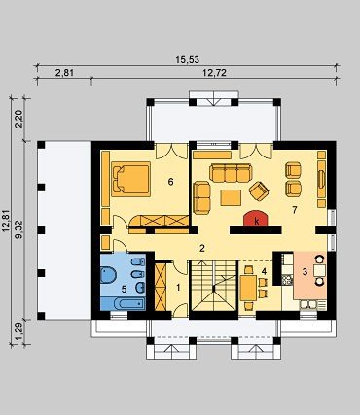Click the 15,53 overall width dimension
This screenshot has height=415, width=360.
187,60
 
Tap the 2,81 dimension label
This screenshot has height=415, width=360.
64,73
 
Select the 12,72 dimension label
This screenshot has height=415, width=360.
214,73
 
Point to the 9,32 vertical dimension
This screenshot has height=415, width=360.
18,229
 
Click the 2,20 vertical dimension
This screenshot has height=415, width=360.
18,120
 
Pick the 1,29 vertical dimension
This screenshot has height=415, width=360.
18,332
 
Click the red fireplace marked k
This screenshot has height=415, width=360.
256,219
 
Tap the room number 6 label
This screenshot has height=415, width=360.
170,182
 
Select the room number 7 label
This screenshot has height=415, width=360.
294,210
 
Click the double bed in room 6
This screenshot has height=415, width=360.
131,179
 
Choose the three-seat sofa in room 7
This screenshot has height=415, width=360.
231,173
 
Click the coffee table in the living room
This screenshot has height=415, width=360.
231,197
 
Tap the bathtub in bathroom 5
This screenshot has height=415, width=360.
123,304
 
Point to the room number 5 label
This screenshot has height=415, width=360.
124,289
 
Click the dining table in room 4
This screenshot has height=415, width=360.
249,289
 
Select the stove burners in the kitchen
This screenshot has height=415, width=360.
287,280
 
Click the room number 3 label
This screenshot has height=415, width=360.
305,272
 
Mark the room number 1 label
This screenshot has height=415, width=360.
178,287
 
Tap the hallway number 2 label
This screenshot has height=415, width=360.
202,249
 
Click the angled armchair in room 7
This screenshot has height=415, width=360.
259,190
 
